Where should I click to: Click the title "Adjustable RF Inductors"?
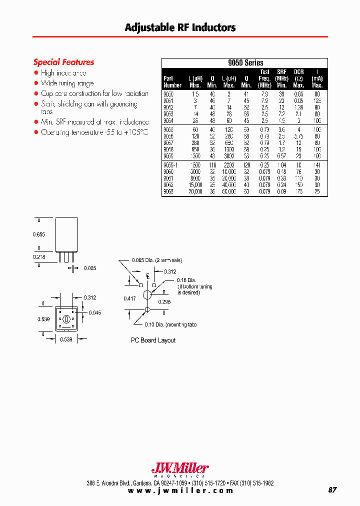(x=180, y=27)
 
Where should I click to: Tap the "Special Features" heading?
(x=63, y=62)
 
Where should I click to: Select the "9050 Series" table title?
(x=245, y=63)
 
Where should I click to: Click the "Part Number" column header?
(x=172, y=81)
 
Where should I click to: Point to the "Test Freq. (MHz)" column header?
(x=264, y=78)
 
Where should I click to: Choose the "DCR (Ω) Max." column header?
(x=299, y=78)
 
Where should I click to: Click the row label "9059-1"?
(x=171, y=164)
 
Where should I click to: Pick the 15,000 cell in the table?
(x=194, y=184)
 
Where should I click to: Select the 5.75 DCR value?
(x=299, y=136)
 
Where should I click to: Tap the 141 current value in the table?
(x=317, y=164)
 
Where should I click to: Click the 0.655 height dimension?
(x=39, y=234)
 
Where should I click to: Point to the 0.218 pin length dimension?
(x=39, y=256)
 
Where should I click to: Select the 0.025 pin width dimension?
(x=90, y=268)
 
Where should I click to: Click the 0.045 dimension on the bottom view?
(x=95, y=313)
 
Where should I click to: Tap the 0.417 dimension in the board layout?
(x=129, y=298)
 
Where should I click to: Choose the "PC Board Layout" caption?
(x=153, y=340)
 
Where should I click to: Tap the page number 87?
(x=332, y=489)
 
